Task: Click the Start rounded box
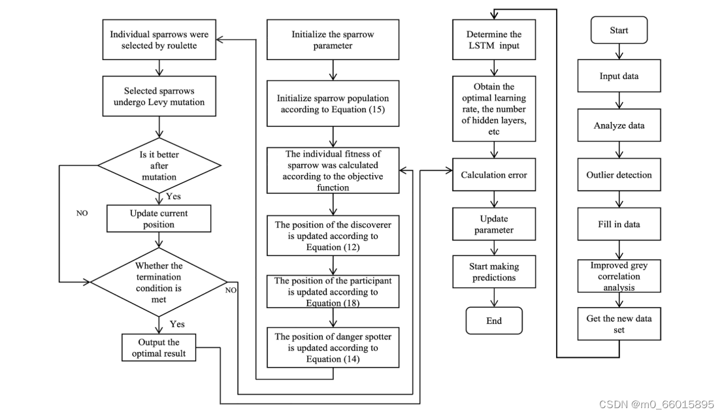tap(619, 31)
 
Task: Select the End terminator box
tap(494, 321)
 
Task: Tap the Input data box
tap(619, 76)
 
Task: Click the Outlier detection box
tap(619, 175)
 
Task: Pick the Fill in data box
tap(619, 224)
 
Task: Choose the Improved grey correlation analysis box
tap(619, 276)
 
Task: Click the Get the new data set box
tap(619, 323)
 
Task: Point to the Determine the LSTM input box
tap(494, 40)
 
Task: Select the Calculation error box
tap(494, 175)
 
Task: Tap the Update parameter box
tap(494, 224)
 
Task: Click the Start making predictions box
tap(494, 272)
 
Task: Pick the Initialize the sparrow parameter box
tap(333, 40)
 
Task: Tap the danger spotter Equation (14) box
tap(333, 348)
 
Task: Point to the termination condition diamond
tap(159, 282)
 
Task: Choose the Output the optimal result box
tap(159, 347)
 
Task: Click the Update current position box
tap(159, 219)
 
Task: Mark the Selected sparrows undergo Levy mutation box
tap(159, 97)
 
